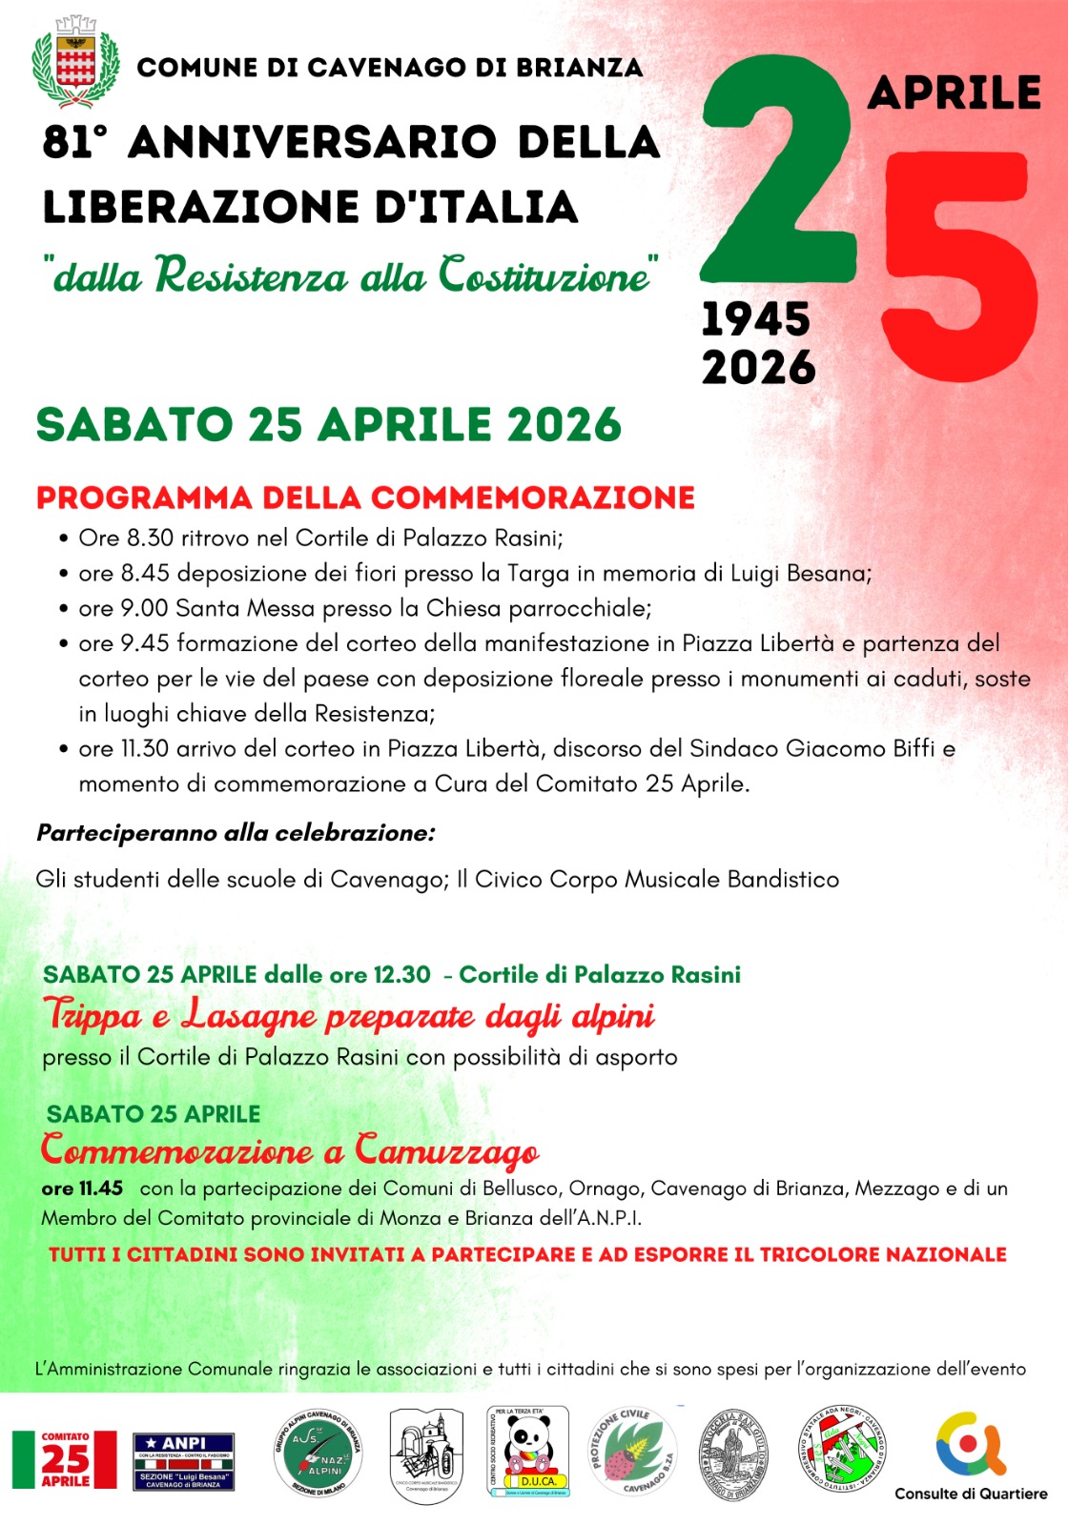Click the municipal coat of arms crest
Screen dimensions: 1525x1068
[75, 65]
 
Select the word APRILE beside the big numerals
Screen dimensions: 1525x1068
[955, 93]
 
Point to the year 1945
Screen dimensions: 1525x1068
[755, 320]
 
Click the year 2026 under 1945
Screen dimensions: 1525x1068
[759, 368]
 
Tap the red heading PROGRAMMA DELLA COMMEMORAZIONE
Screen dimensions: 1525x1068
[365, 498]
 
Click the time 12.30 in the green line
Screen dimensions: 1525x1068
[401, 975]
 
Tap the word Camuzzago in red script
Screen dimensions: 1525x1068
[446, 1151]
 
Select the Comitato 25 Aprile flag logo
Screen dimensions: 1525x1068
[64, 1459]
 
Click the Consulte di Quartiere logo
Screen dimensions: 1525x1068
[971, 1454]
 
